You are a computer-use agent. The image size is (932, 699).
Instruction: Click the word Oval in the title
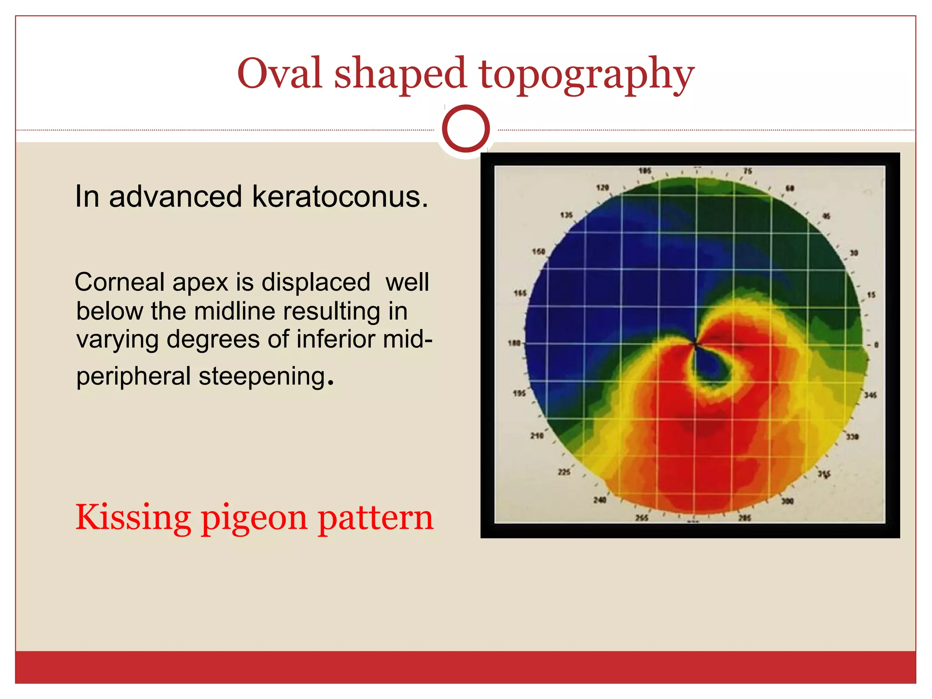(x=279, y=74)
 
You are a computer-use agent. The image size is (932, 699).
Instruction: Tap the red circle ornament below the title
(x=466, y=128)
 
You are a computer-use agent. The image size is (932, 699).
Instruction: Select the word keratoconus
(x=340, y=197)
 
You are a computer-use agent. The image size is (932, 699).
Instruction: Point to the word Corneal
(x=119, y=282)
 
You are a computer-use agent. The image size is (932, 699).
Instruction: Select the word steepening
(x=262, y=377)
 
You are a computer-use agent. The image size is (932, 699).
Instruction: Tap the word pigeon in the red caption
(x=254, y=518)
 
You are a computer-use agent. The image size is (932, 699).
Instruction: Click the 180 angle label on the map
(x=514, y=343)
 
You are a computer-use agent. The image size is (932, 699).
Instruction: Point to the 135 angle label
(x=566, y=215)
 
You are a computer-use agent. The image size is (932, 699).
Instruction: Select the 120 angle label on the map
(x=603, y=187)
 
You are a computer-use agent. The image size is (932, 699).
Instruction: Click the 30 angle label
(x=854, y=253)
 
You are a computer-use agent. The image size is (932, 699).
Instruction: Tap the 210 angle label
(x=537, y=436)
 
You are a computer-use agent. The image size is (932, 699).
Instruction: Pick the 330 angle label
(x=852, y=437)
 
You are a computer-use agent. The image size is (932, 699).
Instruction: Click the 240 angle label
(x=599, y=500)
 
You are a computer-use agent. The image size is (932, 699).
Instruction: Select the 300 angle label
(x=787, y=501)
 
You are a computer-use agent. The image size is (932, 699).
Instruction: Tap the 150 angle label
(x=538, y=251)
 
